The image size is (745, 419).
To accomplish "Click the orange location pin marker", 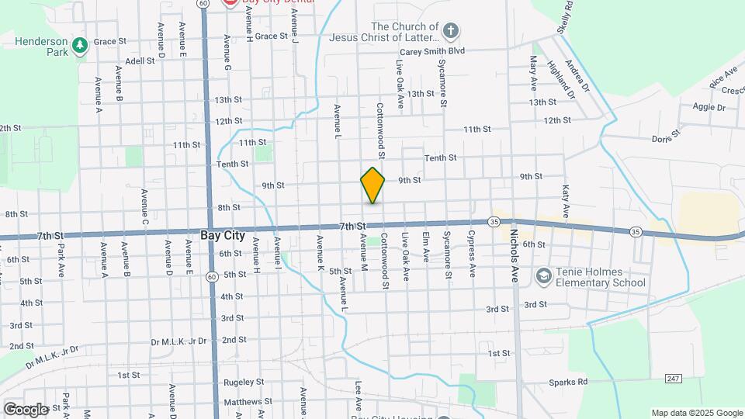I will (372, 185).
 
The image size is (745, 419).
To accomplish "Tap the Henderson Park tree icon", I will (79, 47).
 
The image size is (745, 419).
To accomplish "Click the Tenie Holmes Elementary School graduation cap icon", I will (543, 275).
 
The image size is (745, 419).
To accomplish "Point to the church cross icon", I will (451, 31).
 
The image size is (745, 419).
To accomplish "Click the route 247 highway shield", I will (672, 378).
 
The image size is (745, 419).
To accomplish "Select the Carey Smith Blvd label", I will (435, 50).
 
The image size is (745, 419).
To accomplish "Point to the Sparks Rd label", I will (568, 382).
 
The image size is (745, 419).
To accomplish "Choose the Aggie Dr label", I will (709, 106).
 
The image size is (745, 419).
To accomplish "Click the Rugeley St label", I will (244, 382).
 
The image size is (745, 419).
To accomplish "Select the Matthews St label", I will (244, 402).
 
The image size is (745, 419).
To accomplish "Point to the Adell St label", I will (140, 61).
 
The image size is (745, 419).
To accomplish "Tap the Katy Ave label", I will (566, 201).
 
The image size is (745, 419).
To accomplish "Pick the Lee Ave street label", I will (359, 394).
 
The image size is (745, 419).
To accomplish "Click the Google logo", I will (26, 409).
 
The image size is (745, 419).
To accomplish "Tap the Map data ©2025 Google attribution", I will (697, 413).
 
